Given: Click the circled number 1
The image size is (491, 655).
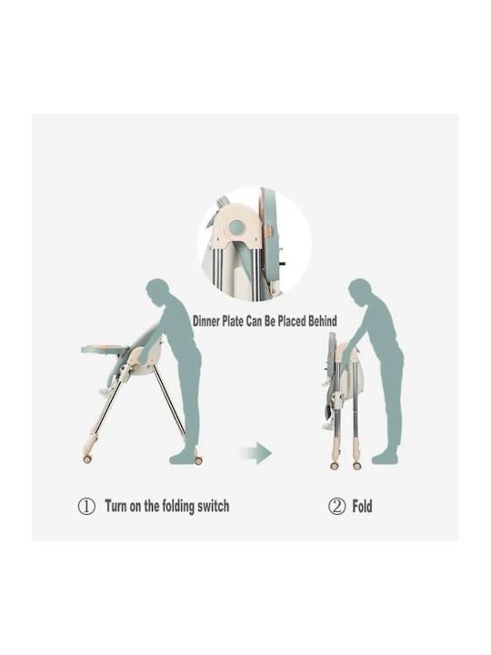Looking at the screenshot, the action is pos(86,507).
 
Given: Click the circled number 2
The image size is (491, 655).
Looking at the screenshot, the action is pos(336,507).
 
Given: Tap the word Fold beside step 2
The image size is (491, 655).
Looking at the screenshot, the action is pos(362,507).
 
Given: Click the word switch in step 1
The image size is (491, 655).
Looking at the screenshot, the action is pos(213,506).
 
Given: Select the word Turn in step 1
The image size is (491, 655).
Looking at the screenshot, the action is pos(115,506).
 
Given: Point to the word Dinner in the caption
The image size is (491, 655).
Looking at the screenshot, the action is pos(206,321).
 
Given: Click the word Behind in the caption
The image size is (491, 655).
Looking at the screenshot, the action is pos(322,321).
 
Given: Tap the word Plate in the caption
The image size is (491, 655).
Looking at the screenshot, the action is pos(233,321).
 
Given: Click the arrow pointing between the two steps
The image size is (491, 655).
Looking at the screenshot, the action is pos(256,453).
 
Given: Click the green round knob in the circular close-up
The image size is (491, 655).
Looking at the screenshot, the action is pos(236,227).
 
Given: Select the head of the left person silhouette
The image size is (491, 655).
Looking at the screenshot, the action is pos(157,291).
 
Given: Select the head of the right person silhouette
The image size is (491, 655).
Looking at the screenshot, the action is pos(359,291).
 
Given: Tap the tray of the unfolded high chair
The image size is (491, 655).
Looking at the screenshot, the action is pos(105,349).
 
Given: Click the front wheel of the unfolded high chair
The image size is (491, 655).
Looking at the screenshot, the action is pos(87,459).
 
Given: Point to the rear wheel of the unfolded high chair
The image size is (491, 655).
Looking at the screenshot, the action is pos(198,460).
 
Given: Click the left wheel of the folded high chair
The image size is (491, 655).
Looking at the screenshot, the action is pos(335,466).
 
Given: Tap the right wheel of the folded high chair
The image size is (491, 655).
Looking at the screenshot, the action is pos(357,466).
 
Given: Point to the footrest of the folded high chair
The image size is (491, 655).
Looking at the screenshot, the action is pos(328,425).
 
